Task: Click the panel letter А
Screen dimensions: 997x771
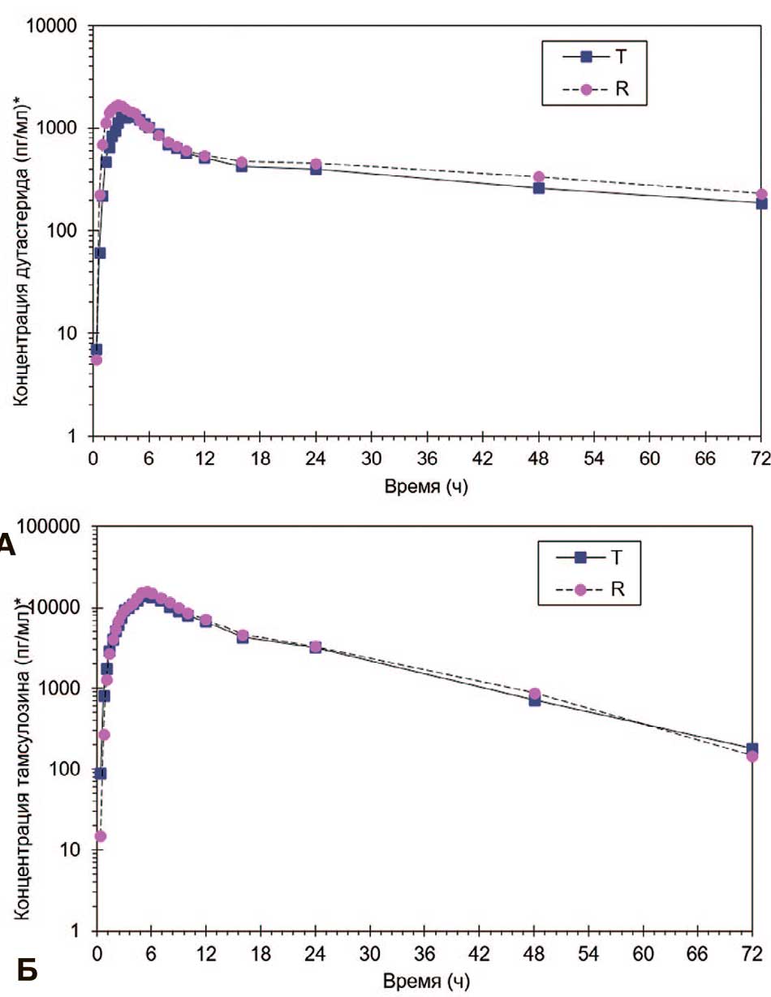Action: [x=7, y=543]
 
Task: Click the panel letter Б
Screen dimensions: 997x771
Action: [x=28, y=969]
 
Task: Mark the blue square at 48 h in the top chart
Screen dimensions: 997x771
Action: [x=539, y=188]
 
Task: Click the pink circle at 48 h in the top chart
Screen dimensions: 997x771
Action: [x=539, y=177]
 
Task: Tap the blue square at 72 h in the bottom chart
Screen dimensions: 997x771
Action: [x=752, y=749]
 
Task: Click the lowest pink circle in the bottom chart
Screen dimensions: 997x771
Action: [x=101, y=836]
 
